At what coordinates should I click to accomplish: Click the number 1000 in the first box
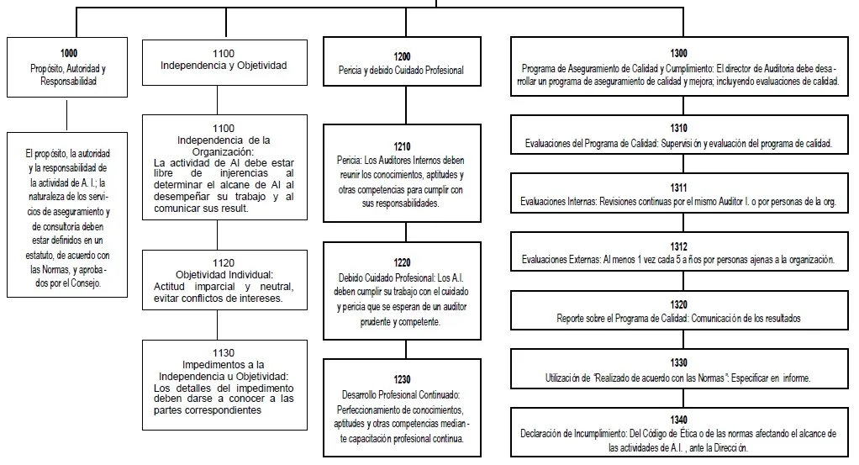tap(68, 53)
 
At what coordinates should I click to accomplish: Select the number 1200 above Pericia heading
tap(402, 56)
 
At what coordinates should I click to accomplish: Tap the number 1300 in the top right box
tap(678, 53)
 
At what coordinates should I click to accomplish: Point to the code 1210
tap(402, 146)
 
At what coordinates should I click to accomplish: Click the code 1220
tap(402, 262)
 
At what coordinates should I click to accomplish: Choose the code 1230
tap(402, 379)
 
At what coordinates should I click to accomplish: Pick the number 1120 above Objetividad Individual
tap(224, 263)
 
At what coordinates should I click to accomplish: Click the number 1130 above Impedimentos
tap(224, 353)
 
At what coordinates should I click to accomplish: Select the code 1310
tap(678, 128)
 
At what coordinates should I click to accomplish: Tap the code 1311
tap(678, 188)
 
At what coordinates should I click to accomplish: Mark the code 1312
tap(678, 246)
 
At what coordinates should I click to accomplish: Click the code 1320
tap(678, 304)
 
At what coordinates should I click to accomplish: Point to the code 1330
tap(678, 362)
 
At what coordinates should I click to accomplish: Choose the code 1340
tap(678, 420)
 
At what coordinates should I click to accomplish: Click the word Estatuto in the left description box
tap(40, 255)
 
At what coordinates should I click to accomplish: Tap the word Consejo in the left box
tap(86, 283)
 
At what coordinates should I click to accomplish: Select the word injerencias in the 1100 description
tap(245, 173)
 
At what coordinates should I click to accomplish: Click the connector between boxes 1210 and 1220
tap(406, 232)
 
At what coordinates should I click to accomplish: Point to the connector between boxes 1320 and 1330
tap(683, 339)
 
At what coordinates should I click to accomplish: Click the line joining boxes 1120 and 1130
tap(217, 325)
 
